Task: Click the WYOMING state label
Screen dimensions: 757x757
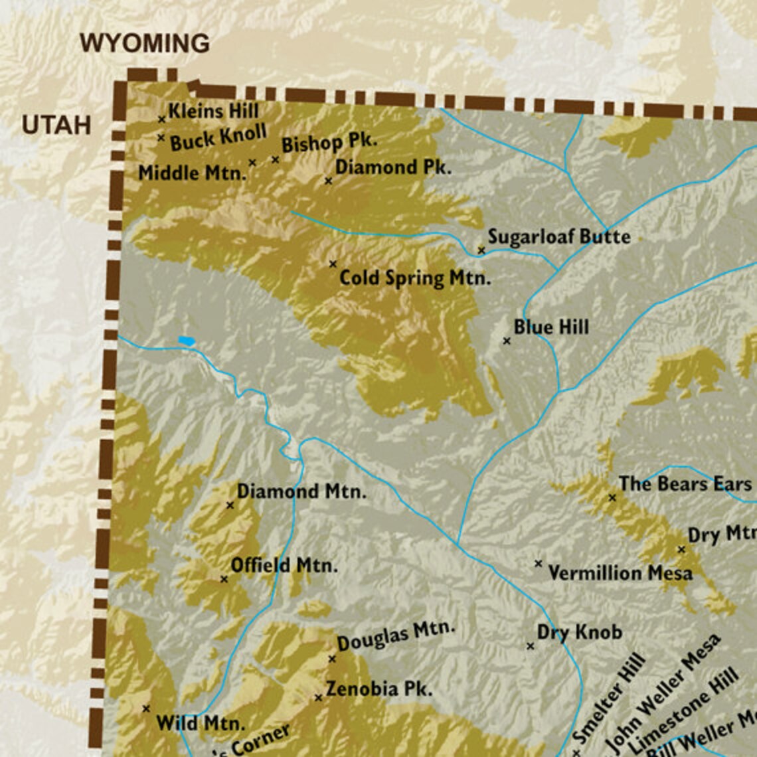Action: click(x=145, y=44)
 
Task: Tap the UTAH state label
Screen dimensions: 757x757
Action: click(x=56, y=125)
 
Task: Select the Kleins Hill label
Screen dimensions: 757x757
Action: click(x=213, y=111)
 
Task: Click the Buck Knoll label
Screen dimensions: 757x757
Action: click(x=218, y=138)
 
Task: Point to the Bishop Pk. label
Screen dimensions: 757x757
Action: click(x=329, y=143)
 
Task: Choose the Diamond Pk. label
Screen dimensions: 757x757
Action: click(x=392, y=167)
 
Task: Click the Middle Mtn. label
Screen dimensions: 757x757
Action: click(x=192, y=173)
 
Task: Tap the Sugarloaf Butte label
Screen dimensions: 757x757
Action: click(x=558, y=236)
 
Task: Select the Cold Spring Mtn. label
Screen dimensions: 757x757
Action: click(x=415, y=278)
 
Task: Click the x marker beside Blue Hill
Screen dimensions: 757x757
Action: click(x=507, y=341)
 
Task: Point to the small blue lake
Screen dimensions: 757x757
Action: click(x=186, y=341)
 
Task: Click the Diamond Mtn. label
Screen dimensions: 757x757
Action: click(x=301, y=492)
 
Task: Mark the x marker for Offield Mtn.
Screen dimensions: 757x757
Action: click(x=224, y=579)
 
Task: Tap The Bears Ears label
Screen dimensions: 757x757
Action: click(x=685, y=484)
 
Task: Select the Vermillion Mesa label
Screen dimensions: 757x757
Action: click(x=620, y=573)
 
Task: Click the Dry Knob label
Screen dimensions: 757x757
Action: click(x=579, y=632)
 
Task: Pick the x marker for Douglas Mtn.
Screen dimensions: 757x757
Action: click(x=332, y=659)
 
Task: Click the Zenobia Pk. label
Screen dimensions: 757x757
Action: click(x=378, y=689)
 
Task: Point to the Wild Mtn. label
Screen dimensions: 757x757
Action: click(x=201, y=723)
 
